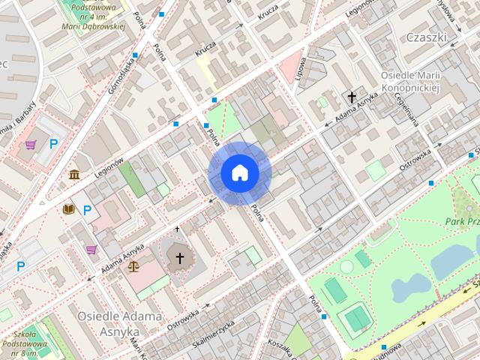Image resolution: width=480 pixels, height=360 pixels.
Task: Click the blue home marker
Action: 240,173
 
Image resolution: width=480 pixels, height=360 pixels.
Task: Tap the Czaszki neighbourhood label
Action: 425,37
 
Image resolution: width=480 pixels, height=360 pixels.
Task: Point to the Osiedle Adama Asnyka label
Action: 119,323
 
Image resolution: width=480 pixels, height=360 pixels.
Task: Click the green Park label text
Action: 461,221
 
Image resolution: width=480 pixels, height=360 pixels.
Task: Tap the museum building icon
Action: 75,175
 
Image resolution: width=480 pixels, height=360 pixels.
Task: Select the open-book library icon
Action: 69,208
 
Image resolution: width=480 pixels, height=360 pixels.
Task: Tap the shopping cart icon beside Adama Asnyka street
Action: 91,249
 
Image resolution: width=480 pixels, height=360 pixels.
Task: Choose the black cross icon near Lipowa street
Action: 352,97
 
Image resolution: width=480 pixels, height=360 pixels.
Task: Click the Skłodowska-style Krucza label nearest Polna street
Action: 205,47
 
